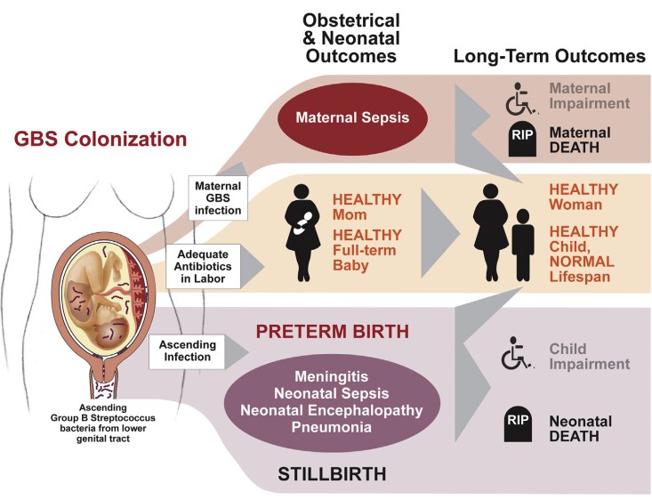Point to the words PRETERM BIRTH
pos(332,331)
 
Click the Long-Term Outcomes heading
pos(549,56)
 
